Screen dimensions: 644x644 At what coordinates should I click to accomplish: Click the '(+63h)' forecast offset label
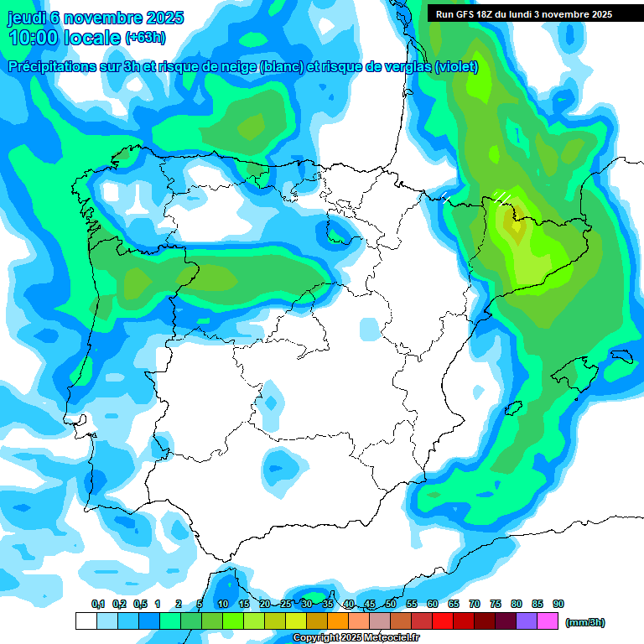click(x=145, y=38)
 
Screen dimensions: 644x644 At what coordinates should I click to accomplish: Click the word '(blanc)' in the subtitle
click(x=280, y=67)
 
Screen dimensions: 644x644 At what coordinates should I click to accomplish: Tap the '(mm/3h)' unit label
click(x=584, y=621)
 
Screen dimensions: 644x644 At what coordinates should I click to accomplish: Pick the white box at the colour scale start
click(x=86, y=621)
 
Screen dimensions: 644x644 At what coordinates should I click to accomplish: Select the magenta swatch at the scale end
click(x=548, y=621)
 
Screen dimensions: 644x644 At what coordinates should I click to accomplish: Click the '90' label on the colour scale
click(x=558, y=604)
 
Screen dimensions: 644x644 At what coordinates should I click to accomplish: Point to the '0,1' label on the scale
click(x=98, y=604)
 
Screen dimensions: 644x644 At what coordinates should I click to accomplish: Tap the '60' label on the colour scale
click(x=433, y=604)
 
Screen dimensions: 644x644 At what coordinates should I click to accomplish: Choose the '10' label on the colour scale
click(x=222, y=604)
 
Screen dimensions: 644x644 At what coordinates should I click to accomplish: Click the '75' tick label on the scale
click(x=496, y=604)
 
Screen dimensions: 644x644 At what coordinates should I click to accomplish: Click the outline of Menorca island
click(x=621, y=356)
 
